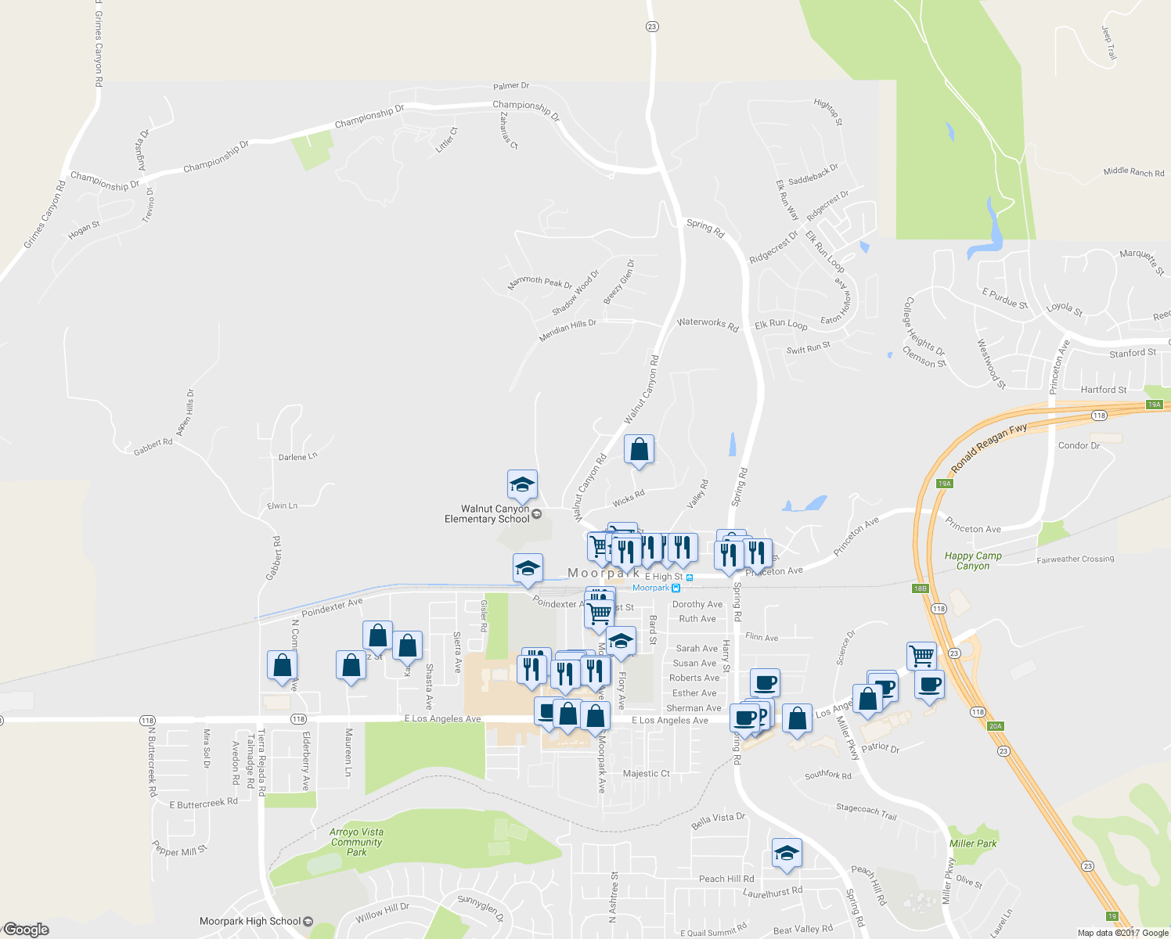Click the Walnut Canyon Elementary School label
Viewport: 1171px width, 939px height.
[487, 514]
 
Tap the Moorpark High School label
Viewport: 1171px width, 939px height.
[250, 921]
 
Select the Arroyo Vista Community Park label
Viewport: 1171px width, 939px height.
[356, 842]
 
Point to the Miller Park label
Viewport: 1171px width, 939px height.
[973, 844]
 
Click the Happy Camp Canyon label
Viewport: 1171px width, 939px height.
[973, 560]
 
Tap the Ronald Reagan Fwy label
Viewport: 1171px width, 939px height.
[989, 449]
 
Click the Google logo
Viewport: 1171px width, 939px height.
[26, 930]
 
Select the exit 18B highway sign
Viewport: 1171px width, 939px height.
[920, 588]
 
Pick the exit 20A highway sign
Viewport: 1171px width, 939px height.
[995, 726]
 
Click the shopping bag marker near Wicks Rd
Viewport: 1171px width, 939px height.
[639, 450]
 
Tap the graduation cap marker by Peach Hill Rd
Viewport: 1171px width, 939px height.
[786, 853]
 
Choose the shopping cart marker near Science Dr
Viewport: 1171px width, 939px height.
[921, 655]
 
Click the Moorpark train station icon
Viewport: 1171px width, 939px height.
[677, 588]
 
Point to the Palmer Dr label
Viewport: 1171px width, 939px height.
[511, 86]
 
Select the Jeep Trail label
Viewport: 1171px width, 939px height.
[1109, 43]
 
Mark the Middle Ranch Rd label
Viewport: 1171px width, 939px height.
[1133, 171]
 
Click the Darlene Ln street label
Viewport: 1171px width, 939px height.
[298, 456]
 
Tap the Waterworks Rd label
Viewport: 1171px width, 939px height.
[708, 324]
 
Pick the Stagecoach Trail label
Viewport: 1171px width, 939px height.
[866, 811]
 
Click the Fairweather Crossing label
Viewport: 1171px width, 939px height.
[1075, 559]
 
